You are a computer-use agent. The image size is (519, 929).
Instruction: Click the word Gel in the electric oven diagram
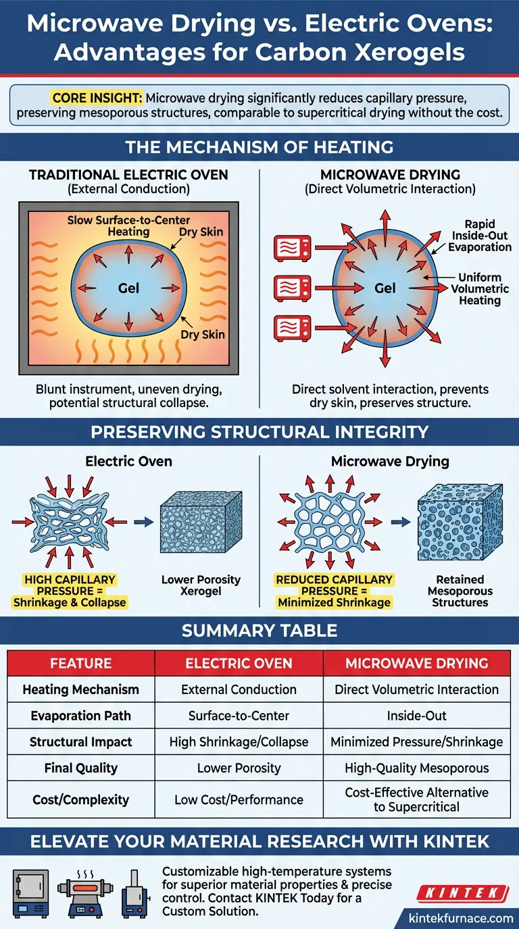click(x=128, y=288)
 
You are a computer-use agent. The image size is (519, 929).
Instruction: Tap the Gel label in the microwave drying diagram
click(x=385, y=288)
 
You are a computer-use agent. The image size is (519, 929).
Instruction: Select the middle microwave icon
click(x=292, y=288)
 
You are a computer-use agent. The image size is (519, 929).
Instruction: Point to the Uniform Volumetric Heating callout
click(x=480, y=288)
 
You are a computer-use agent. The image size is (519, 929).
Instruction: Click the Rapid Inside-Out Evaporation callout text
click(x=480, y=236)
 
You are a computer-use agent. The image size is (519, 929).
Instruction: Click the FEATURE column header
click(x=80, y=664)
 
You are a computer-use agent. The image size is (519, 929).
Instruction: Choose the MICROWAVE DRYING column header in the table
click(x=416, y=664)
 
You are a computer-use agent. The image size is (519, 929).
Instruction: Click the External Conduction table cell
click(x=239, y=690)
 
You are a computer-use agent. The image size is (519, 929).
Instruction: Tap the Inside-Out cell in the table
click(x=416, y=716)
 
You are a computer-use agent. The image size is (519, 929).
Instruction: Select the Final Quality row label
click(x=80, y=768)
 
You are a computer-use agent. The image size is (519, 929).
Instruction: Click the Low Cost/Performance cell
click(x=239, y=799)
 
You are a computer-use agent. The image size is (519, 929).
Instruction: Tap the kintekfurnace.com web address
click(x=462, y=918)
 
